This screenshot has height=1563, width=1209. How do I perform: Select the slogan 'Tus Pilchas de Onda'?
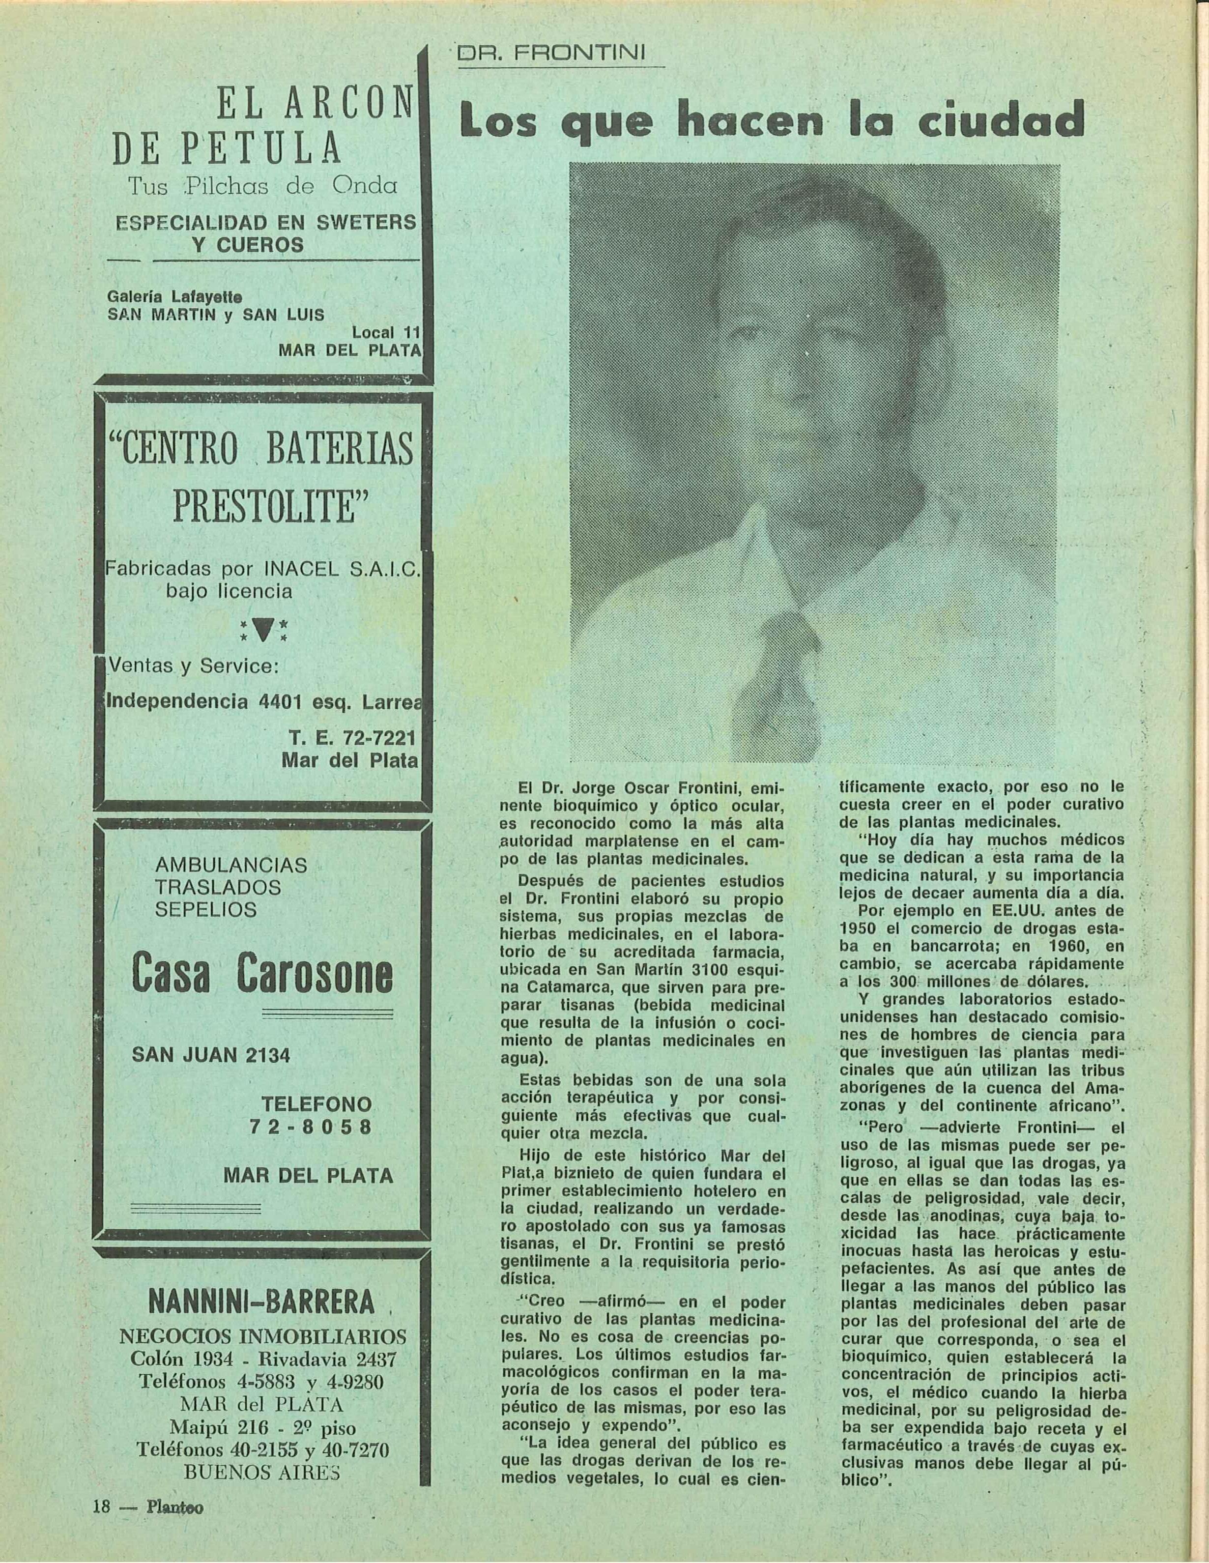(262, 186)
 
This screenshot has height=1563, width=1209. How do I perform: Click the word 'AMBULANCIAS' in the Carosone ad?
(230, 865)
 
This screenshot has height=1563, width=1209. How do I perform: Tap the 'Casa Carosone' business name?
(262, 976)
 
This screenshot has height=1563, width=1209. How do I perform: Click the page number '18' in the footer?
(100, 1506)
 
